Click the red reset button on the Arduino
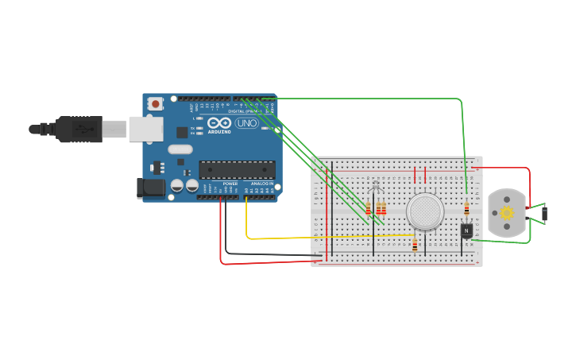[156, 103]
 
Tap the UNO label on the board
[247, 123]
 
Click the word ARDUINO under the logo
[221, 132]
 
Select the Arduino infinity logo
[221, 123]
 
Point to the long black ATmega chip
[237, 169]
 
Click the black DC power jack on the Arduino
[151, 188]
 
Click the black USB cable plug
[79, 129]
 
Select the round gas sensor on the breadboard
[425, 211]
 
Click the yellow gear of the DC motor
[506, 213]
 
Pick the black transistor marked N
[466, 230]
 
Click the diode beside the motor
[545, 214]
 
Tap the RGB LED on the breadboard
[376, 186]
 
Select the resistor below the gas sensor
[415, 246]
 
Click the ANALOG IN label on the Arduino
[262, 184]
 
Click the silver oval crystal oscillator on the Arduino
[180, 149]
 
